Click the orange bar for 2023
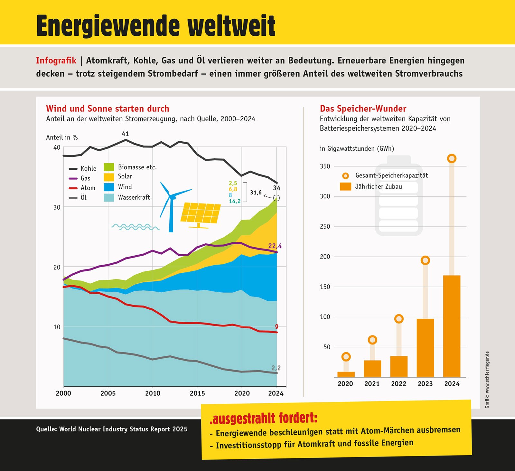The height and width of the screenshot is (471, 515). (425, 348)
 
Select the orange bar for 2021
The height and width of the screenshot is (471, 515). (372, 369)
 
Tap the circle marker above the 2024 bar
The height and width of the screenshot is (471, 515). (452, 158)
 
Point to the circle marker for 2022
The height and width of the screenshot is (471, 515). (399, 319)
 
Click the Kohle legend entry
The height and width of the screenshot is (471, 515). (83, 168)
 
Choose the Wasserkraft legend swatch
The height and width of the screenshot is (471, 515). (109, 197)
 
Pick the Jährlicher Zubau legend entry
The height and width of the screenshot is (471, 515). (370, 186)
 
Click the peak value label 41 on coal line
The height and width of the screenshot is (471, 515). (125, 134)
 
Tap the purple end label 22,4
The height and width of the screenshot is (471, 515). (275, 246)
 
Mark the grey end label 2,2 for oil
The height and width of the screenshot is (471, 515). (276, 368)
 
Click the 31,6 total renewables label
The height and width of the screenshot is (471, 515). (256, 193)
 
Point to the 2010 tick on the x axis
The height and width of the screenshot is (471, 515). (153, 393)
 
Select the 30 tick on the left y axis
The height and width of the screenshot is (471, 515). (57, 207)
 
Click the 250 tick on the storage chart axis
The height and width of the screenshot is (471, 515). (325, 227)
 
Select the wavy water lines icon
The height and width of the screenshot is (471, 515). (135, 227)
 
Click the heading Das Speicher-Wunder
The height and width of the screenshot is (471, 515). (363, 108)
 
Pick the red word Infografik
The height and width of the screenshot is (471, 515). (56, 61)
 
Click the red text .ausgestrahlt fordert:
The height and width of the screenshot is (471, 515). (263, 419)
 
